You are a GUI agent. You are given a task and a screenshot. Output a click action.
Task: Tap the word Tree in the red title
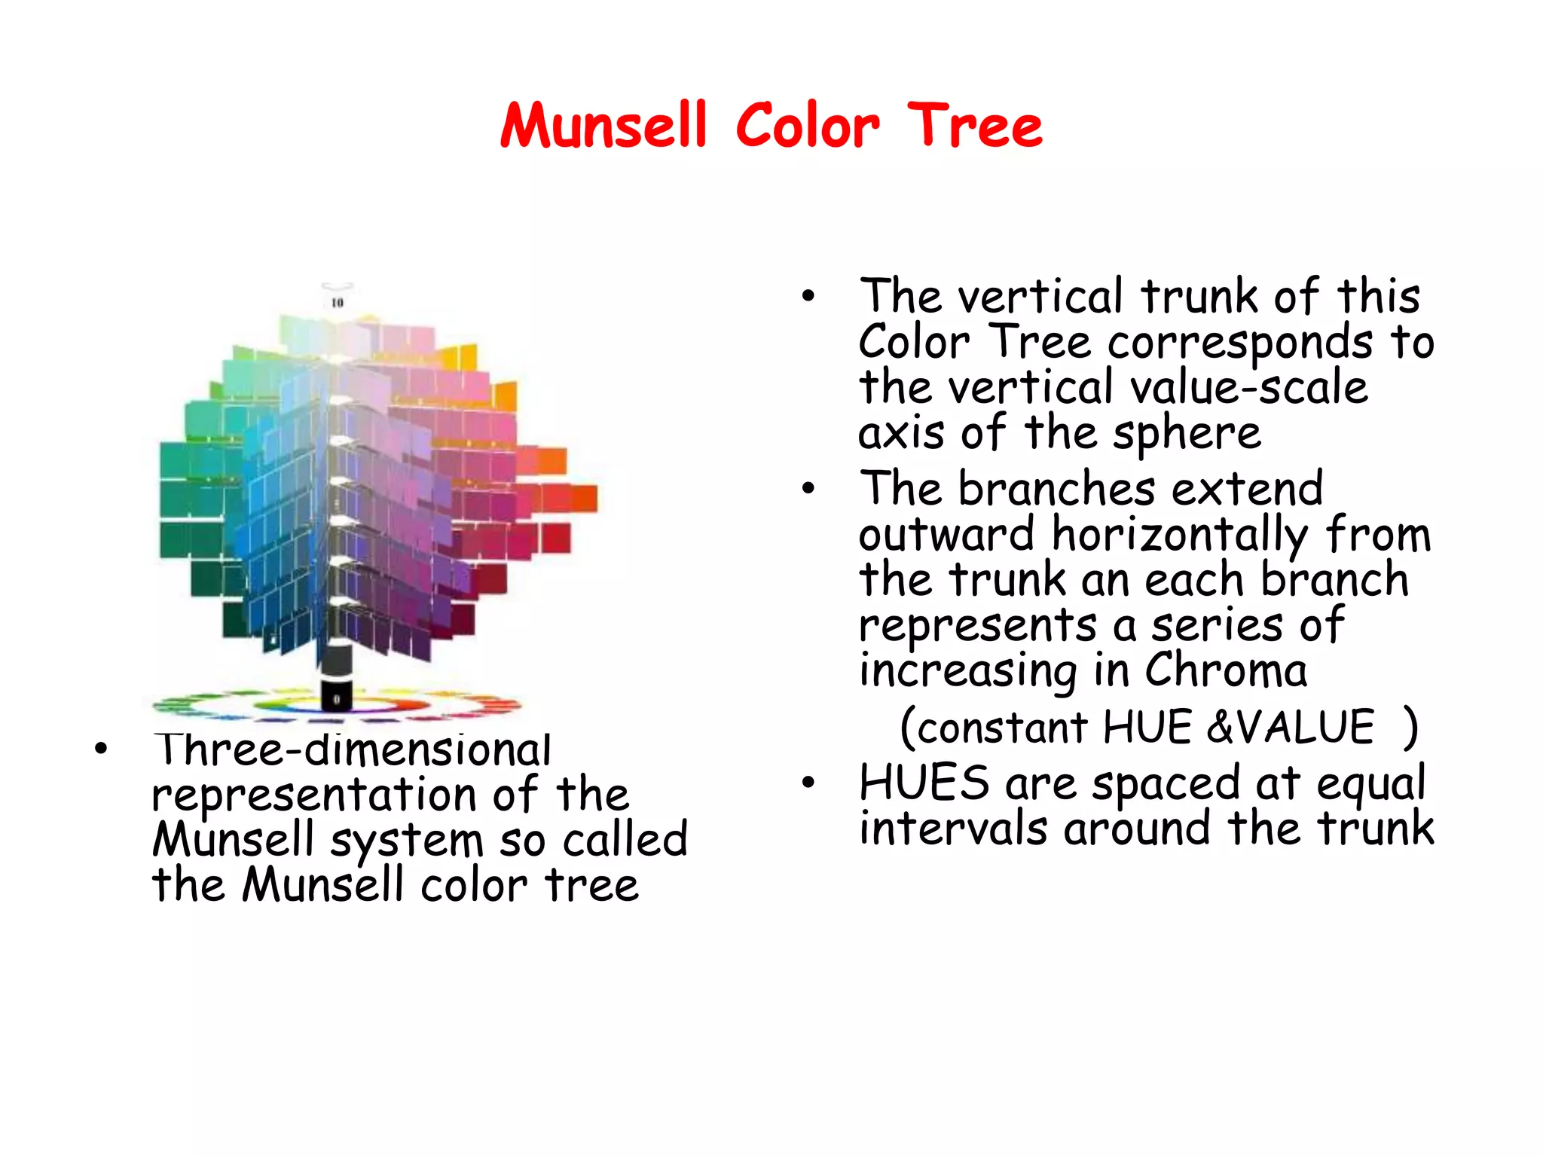(975, 125)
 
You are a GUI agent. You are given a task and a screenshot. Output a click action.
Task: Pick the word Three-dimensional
(353, 749)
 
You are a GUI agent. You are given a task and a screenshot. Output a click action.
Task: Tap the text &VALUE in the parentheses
(1291, 727)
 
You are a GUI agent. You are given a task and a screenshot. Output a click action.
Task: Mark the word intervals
(952, 828)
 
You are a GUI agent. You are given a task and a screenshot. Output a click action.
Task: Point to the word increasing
(968, 670)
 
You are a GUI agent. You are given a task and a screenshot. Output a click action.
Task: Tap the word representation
(315, 795)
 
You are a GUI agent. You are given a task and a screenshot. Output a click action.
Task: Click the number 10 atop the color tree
(337, 303)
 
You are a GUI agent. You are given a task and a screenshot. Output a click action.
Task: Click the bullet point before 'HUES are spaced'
(808, 783)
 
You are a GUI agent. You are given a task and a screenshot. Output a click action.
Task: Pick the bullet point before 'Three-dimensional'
(101, 749)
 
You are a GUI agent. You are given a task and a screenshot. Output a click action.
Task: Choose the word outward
(946, 535)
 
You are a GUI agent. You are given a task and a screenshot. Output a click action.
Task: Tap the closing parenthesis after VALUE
(1410, 727)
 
